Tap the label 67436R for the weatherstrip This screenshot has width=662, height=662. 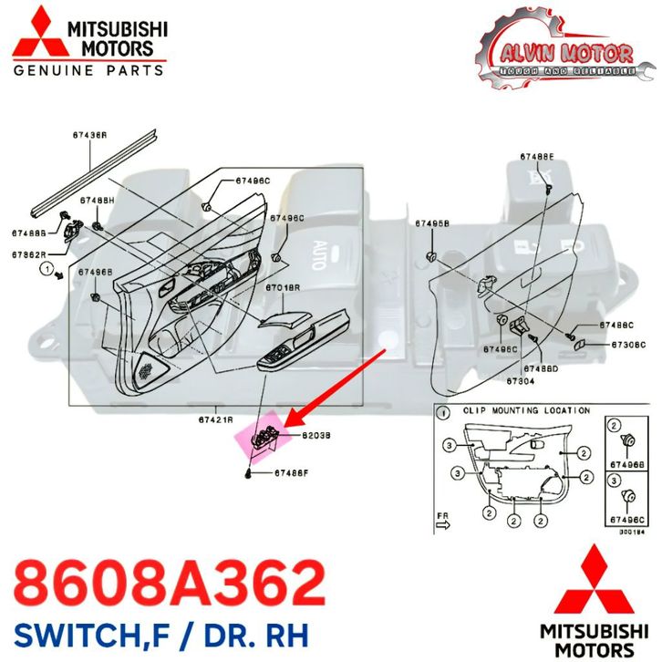tap(90, 135)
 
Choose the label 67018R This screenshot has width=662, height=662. tap(283, 287)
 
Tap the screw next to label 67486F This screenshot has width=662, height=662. tap(249, 474)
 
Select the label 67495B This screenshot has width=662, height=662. tap(432, 222)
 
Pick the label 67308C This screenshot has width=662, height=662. tap(628, 344)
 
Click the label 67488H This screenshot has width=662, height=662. tap(98, 199)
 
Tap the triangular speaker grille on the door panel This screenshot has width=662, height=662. tap(144, 367)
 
